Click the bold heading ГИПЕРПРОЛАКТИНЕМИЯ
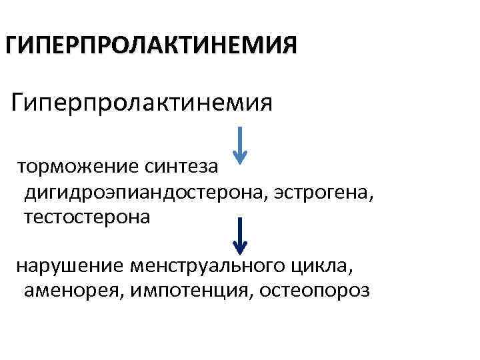[x=151, y=47]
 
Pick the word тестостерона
[x=87, y=217]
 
